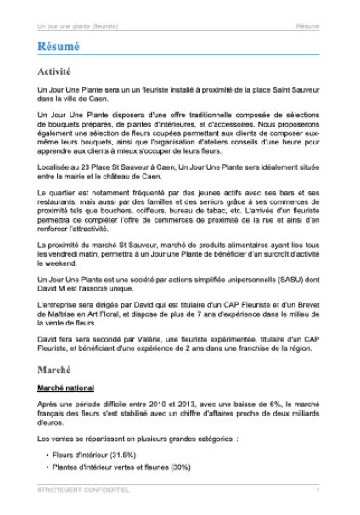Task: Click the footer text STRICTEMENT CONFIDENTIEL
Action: [x=84, y=490]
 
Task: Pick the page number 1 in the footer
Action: [x=318, y=490]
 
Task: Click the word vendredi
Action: [x=66, y=255]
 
